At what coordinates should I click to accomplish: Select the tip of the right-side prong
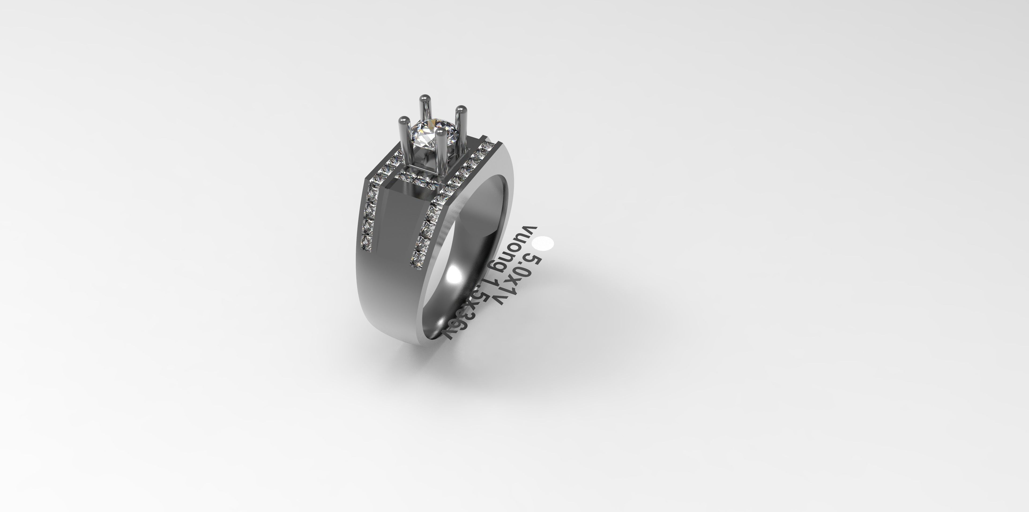pos(461,109)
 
